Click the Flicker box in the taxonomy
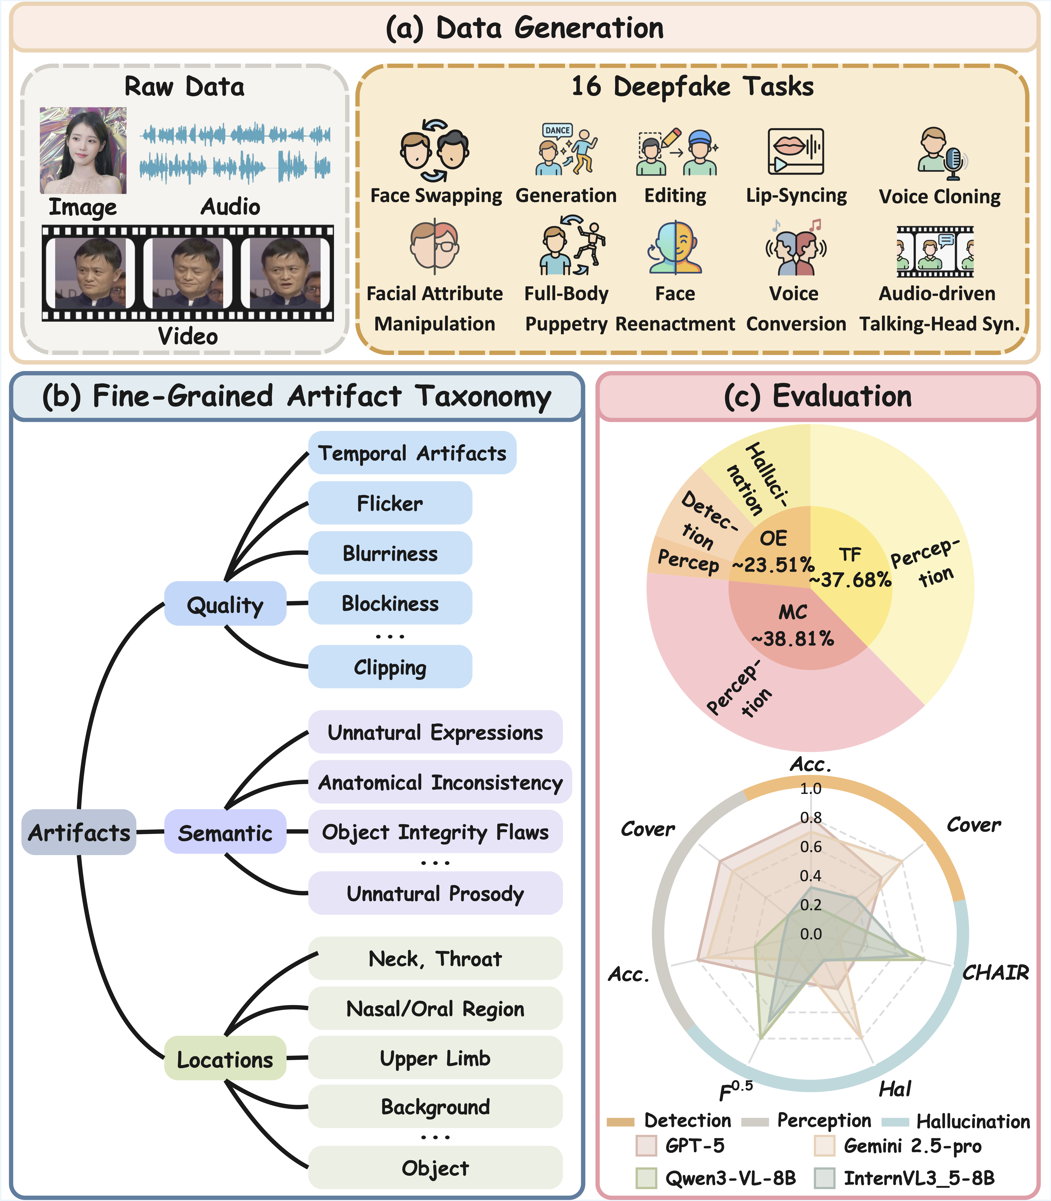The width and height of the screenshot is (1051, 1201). pos(390,503)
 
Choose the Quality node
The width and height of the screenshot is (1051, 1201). pos(225,604)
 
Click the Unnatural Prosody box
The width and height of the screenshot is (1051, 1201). pos(435,893)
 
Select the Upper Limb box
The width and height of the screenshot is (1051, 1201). pos(435,1058)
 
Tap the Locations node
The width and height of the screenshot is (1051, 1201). pos(225,1059)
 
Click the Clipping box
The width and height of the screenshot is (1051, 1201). pos(390,667)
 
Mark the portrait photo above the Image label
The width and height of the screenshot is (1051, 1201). pos(83,150)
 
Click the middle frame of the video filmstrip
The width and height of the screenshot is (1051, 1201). pos(188,273)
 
